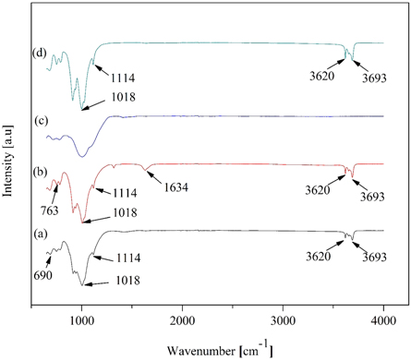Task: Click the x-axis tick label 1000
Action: coord(82,320)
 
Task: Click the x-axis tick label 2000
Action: coord(183,320)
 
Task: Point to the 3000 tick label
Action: coord(284,320)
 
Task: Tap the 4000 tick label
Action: coord(383,320)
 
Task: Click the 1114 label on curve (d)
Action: coord(125,78)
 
